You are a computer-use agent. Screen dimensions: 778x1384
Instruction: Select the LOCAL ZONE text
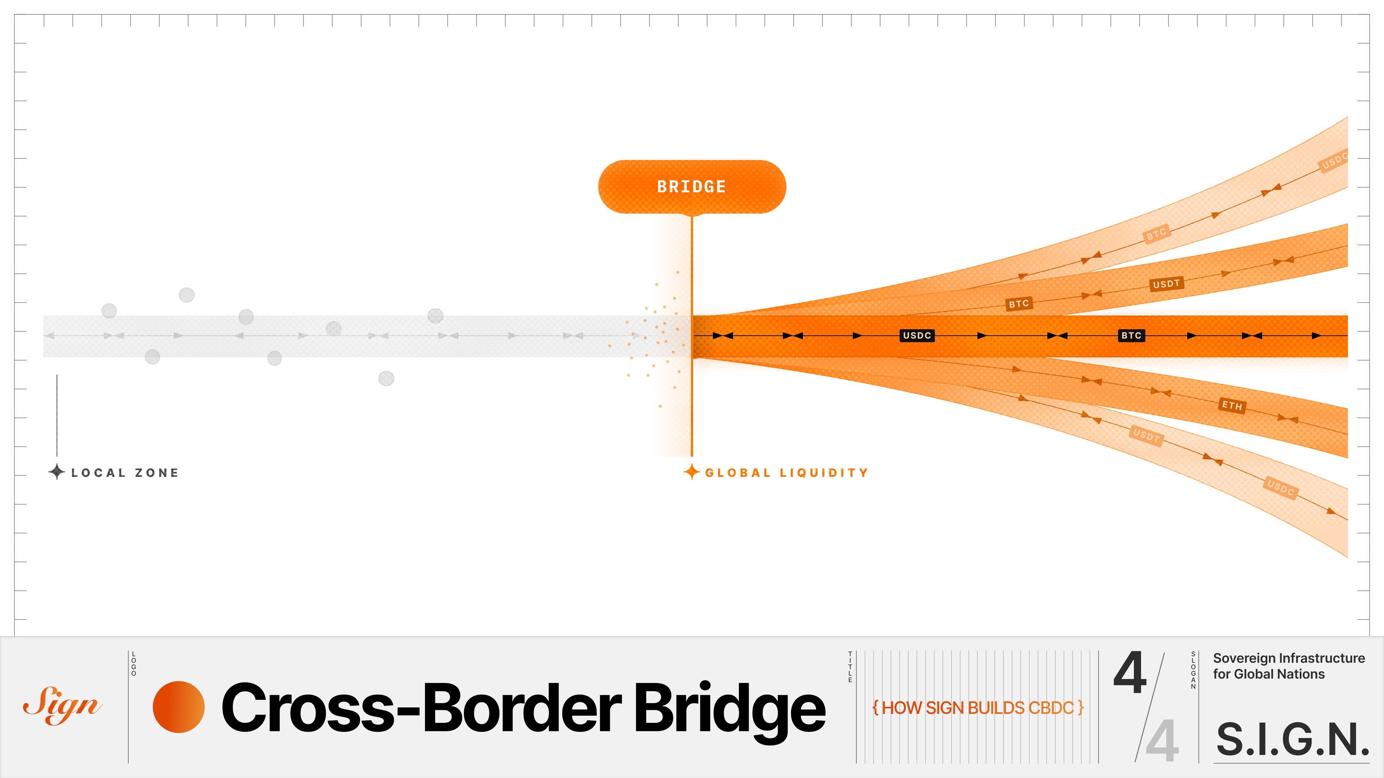pyautogui.click(x=125, y=473)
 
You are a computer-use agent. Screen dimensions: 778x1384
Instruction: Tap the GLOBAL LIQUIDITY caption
pyautogui.click(x=786, y=473)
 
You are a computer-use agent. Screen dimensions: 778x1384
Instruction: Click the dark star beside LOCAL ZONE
pyautogui.click(x=57, y=472)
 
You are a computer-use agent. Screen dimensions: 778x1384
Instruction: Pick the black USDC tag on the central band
pyautogui.click(x=917, y=336)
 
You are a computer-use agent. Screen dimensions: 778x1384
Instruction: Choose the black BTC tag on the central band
pyautogui.click(x=1131, y=336)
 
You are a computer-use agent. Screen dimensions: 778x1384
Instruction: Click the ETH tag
pyautogui.click(x=1232, y=405)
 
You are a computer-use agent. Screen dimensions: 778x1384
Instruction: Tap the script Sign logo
pyautogui.click(x=62, y=705)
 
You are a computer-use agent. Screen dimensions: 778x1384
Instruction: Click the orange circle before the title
pyautogui.click(x=178, y=707)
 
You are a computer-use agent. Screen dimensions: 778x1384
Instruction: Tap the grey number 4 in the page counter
pyautogui.click(x=1162, y=741)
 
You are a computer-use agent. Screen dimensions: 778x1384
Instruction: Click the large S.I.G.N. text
pyautogui.click(x=1292, y=740)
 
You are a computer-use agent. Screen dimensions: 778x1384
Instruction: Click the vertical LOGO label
pyautogui.click(x=134, y=663)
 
